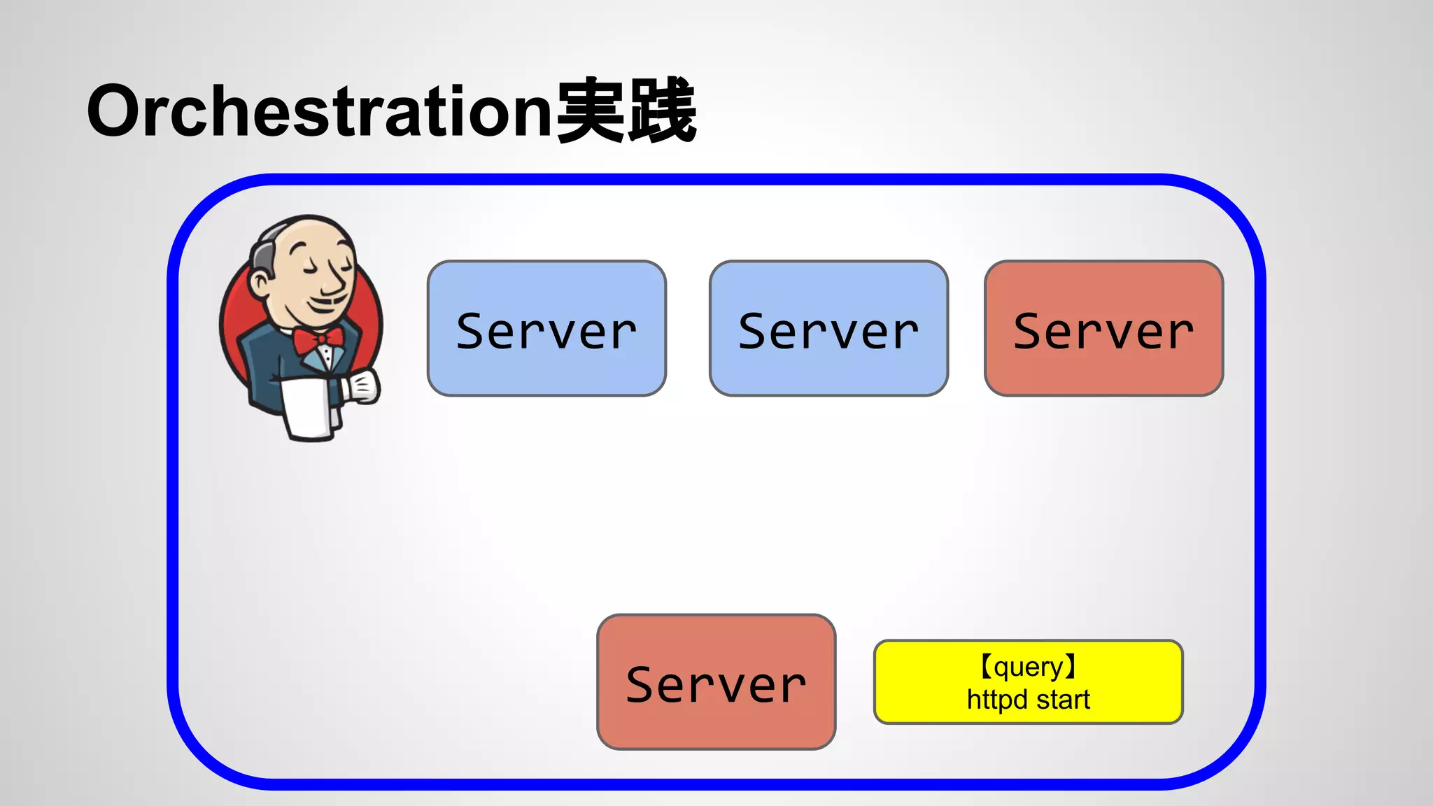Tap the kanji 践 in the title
click(662, 111)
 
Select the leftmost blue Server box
click(546, 328)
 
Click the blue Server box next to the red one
click(828, 328)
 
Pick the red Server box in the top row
click(1103, 328)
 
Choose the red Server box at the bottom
click(716, 681)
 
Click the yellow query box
click(1028, 681)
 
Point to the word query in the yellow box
click(1028, 667)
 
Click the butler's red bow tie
click(318, 340)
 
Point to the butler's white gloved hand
click(362, 387)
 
